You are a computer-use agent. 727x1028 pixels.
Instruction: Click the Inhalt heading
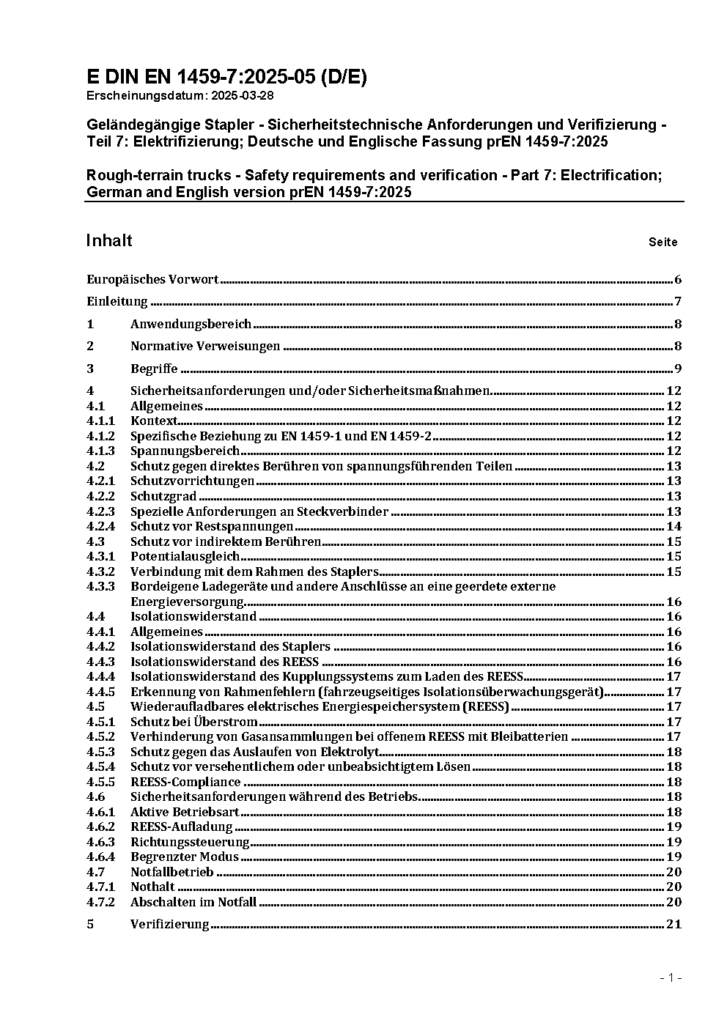109,241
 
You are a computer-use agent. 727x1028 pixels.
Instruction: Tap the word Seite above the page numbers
663,242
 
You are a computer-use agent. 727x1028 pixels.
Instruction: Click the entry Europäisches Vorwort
152,279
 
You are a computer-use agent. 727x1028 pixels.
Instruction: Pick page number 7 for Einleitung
678,302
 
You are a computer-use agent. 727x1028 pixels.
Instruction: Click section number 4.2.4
100,526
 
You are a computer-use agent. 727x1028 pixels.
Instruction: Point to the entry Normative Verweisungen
205,347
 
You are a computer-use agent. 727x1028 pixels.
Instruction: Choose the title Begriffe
154,369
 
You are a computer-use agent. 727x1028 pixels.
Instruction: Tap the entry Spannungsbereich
185,451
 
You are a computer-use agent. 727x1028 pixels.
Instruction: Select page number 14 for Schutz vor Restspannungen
674,526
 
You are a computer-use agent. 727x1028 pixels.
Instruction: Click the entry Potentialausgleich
185,556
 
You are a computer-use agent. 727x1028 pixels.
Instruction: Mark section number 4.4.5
100,692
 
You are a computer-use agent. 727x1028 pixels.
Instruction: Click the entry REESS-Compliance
185,782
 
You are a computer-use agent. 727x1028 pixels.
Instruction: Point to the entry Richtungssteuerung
190,842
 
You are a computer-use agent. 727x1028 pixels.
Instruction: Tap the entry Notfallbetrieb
172,872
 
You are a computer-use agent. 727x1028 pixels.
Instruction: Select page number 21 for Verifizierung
674,924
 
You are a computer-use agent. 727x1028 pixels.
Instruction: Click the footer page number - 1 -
671,977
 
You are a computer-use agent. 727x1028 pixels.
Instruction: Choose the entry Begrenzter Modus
185,857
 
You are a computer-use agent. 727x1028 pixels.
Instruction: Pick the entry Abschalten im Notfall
193,902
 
